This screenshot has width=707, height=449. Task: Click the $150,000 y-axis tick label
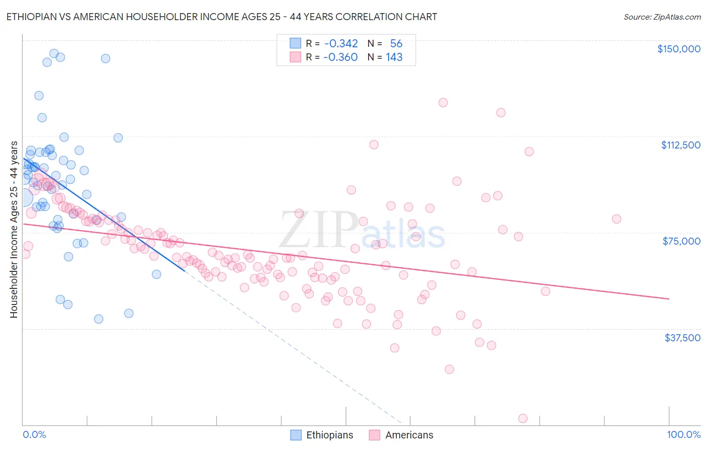(x=678, y=49)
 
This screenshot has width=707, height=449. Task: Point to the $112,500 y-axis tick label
(x=680, y=145)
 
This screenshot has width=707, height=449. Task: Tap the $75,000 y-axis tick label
(x=681, y=241)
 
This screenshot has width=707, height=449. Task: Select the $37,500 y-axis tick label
(x=682, y=338)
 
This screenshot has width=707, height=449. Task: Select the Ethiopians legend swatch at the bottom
(x=297, y=435)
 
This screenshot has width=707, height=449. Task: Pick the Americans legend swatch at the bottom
(x=374, y=435)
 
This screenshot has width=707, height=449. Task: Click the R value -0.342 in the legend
(x=340, y=44)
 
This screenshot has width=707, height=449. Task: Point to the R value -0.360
(x=340, y=57)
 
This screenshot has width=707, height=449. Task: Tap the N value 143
(x=394, y=57)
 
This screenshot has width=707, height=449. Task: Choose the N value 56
(x=396, y=44)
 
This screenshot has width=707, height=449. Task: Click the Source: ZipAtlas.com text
(x=662, y=17)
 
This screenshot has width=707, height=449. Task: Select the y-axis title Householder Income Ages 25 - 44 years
(x=14, y=230)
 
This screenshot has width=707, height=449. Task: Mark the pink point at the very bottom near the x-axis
(x=522, y=419)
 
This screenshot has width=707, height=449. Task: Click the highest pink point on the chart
(x=443, y=103)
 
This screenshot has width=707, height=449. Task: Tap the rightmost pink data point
(x=616, y=219)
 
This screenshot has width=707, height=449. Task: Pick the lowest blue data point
(x=99, y=319)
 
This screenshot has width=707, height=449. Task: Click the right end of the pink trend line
(x=669, y=299)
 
